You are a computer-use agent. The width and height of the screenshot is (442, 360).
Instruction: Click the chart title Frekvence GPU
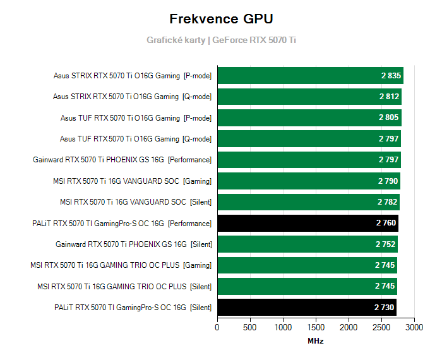221,18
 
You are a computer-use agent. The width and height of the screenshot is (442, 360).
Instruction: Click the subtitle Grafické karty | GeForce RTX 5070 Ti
221,40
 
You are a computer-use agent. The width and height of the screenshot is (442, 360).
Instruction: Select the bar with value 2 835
310,76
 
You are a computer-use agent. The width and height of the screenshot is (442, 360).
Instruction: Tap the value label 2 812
390,97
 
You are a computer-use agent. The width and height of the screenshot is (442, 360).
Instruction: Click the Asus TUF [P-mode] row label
136,117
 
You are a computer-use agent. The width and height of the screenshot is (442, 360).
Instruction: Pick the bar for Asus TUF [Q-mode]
309,139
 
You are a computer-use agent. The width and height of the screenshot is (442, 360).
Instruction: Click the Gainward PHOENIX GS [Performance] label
122,160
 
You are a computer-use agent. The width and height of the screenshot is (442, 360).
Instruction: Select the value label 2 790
388,181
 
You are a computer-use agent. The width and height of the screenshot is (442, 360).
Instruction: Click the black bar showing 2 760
308,223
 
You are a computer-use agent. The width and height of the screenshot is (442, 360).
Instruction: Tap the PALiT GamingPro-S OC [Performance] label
121,223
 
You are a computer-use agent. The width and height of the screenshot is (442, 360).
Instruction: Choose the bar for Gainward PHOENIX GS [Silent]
308,244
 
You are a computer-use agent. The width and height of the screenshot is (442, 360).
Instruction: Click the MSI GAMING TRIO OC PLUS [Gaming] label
121,265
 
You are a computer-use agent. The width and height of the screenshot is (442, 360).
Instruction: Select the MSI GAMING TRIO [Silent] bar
307,286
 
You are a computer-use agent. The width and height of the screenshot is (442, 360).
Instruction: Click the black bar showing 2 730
307,308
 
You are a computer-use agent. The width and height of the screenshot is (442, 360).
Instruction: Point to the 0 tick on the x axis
217,328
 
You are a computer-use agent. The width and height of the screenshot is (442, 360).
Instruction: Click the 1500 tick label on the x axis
316,328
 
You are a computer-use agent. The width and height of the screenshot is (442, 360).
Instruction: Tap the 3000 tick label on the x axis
414,328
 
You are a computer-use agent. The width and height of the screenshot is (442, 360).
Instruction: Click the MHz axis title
316,341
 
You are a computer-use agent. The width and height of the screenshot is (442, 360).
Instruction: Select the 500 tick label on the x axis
250,328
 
